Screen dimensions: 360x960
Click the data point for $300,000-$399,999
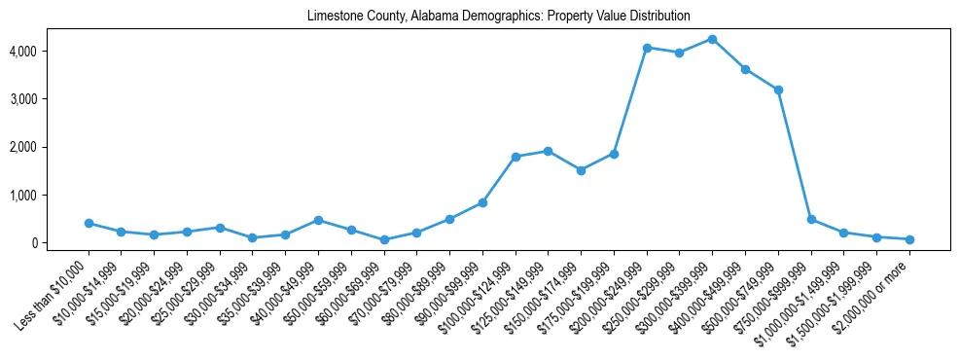click(713, 39)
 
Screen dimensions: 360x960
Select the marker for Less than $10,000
click(89, 223)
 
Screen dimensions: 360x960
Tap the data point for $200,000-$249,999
click(647, 47)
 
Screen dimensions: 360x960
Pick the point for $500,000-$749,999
click(778, 90)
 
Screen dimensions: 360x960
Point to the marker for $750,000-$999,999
click(811, 219)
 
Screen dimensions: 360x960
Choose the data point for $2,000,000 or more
click(909, 239)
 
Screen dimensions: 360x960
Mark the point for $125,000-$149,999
click(549, 151)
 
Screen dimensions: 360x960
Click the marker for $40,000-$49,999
click(318, 220)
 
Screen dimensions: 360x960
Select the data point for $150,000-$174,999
click(581, 170)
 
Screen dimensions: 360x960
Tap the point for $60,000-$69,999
click(384, 239)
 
